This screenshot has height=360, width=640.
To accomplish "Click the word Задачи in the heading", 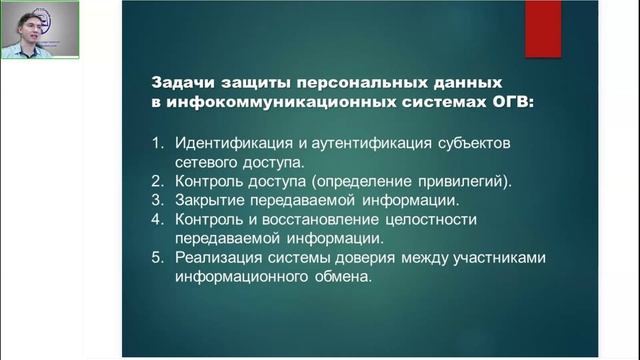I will [179, 84].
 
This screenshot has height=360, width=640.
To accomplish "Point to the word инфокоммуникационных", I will [263, 102].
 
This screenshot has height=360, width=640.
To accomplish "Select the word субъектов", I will [475, 143].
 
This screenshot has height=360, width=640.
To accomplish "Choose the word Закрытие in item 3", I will [209, 200].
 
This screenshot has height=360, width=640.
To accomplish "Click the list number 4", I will [157, 219].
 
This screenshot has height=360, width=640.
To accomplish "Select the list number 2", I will [157, 181].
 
